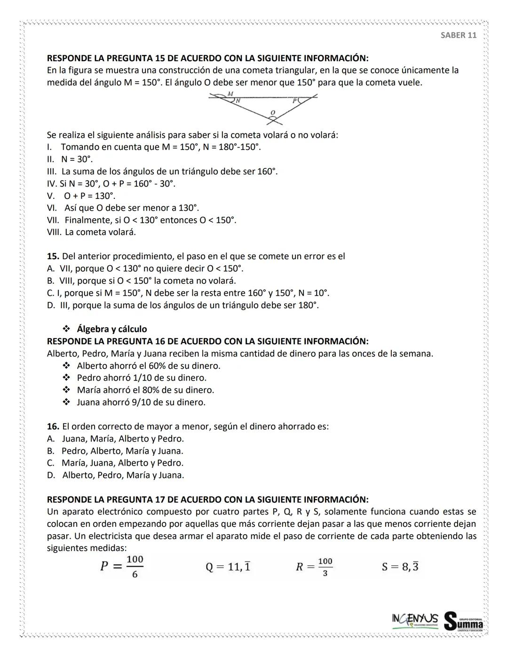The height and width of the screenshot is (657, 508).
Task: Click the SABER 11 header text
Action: click(x=458, y=35)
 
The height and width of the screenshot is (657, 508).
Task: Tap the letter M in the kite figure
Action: click(x=230, y=94)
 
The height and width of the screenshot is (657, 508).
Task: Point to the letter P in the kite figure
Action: click(x=294, y=101)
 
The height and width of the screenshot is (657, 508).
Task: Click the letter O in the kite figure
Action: click(x=272, y=112)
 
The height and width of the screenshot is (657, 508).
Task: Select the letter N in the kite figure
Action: click(x=238, y=101)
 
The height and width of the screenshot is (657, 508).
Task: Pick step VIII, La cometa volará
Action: click(x=91, y=232)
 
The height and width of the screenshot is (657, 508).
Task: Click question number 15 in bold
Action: click(x=53, y=256)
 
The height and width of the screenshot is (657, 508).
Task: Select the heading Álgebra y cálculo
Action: click(x=111, y=329)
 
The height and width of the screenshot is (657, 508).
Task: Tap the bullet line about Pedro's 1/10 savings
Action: click(x=141, y=378)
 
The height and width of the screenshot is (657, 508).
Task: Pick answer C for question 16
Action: click(x=115, y=463)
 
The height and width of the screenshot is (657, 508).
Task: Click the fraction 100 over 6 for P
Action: click(x=135, y=567)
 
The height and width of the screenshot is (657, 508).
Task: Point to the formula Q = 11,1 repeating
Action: click(x=228, y=567)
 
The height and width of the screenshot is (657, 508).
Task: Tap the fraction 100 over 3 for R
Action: click(x=325, y=567)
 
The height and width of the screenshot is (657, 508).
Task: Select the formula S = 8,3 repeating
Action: click(x=400, y=567)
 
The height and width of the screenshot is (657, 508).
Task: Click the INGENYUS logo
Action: click(x=415, y=619)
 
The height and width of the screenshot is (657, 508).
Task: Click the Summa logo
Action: click(x=464, y=621)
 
